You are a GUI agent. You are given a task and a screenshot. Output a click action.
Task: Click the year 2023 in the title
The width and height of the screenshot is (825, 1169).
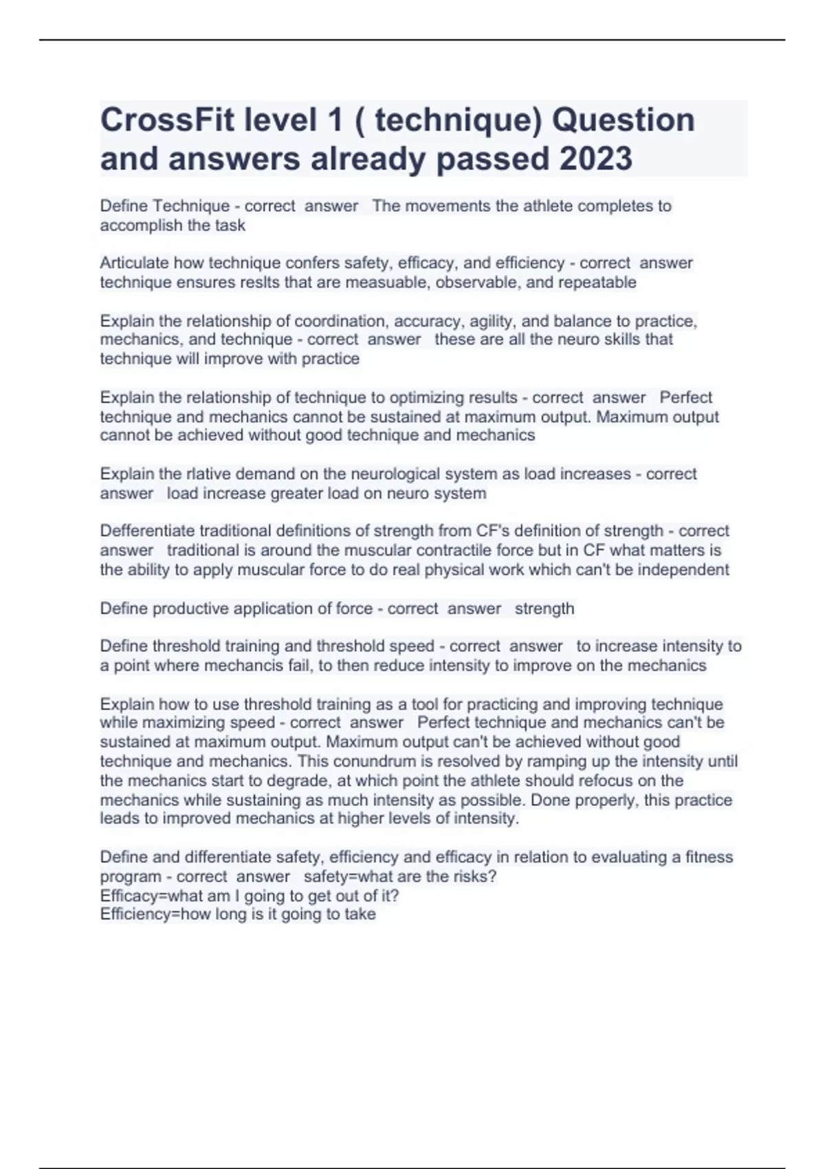(595, 159)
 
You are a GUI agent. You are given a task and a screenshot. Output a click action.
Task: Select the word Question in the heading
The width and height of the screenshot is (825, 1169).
(623, 120)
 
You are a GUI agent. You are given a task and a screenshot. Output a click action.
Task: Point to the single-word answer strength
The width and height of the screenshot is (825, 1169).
(544, 609)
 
